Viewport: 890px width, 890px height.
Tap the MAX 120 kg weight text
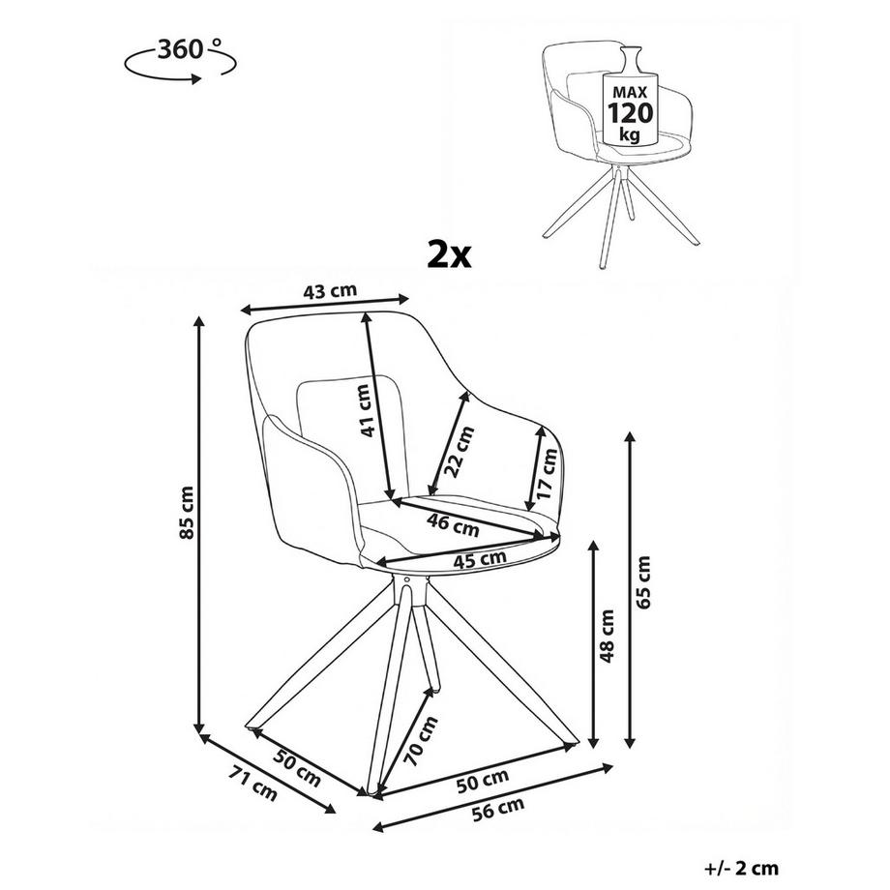(x=630, y=113)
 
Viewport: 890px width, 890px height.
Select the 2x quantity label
(x=449, y=254)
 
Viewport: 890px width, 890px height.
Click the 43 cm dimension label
(x=330, y=291)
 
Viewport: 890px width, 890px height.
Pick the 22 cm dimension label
(x=459, y=452)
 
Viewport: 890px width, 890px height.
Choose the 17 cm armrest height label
(x=548, y=473)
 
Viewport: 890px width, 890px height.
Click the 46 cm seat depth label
(x=454, y=524)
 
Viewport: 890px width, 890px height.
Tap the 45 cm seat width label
(x=480, y=559)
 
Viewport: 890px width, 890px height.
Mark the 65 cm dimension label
(x=643, y=582)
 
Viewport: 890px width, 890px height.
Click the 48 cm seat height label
(x=608, y=637)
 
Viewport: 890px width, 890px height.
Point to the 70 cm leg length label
(x=421, y=741)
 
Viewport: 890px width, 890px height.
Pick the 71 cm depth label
(x=252, y=784)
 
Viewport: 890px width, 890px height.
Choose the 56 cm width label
(x=498, y=809)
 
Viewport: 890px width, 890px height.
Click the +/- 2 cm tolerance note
(x=741, y=869)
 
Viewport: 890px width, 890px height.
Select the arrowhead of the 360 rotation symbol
(x=195, y=79)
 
